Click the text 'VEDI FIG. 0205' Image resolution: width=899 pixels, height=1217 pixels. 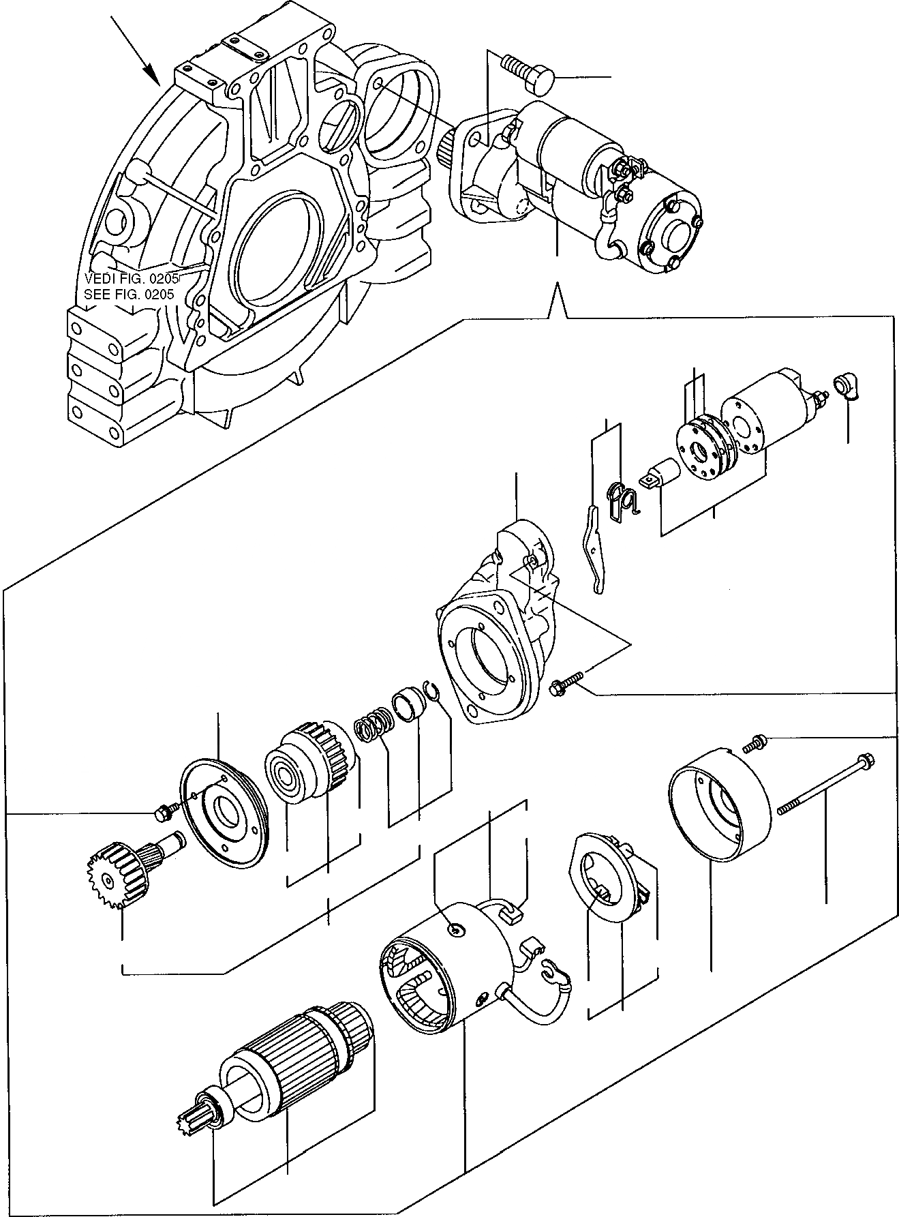point(132,278)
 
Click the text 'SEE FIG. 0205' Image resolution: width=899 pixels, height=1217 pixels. point(129,295)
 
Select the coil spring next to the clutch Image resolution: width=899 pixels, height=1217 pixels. point(373,725)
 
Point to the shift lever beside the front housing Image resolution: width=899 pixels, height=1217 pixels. point(593,547)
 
